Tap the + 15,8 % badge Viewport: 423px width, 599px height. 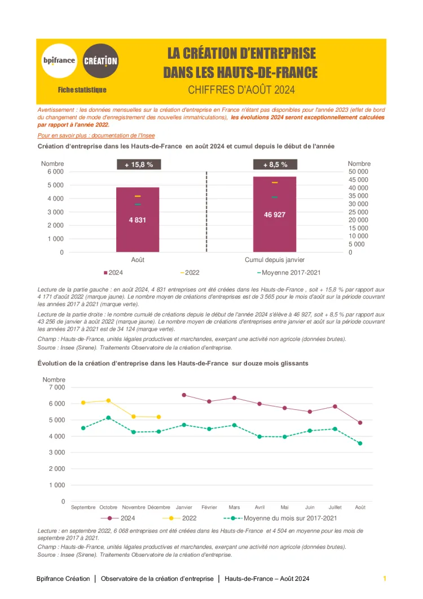pyautogui.click(x=139, y=165)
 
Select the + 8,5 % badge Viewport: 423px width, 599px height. pyautogui.click(x=275, y=165)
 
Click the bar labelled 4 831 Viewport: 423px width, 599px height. pyautogui.click(x=138, y=220)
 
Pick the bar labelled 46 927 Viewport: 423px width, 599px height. pyautogui.click(x=275, y=214)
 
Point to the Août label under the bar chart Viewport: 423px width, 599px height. pyautogui.click(x=138, y=260)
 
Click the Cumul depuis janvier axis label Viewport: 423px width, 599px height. pyautogui.click(x=275, y=260)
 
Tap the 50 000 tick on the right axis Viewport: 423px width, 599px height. pyautogui.click(x=358, y=172)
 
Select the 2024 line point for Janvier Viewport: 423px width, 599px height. pyautogui.click(x=184, y=395)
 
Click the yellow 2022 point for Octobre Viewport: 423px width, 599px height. pyautogui.click(x=108, y=401)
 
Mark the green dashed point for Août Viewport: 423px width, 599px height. pyautogui.click(x=360, y=443)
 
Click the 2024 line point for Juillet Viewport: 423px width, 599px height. pyautogui.click(x=335, y=406)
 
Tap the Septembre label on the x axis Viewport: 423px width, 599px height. pyautogui.click(x=83, y=507)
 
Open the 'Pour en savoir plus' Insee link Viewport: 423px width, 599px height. pyautogui.click(x=96, y=135)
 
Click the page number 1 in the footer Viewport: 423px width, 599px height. pyautogui.click(x=385, y=579)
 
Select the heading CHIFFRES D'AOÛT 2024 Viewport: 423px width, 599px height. pyautogui.click(x=241, y=90)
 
